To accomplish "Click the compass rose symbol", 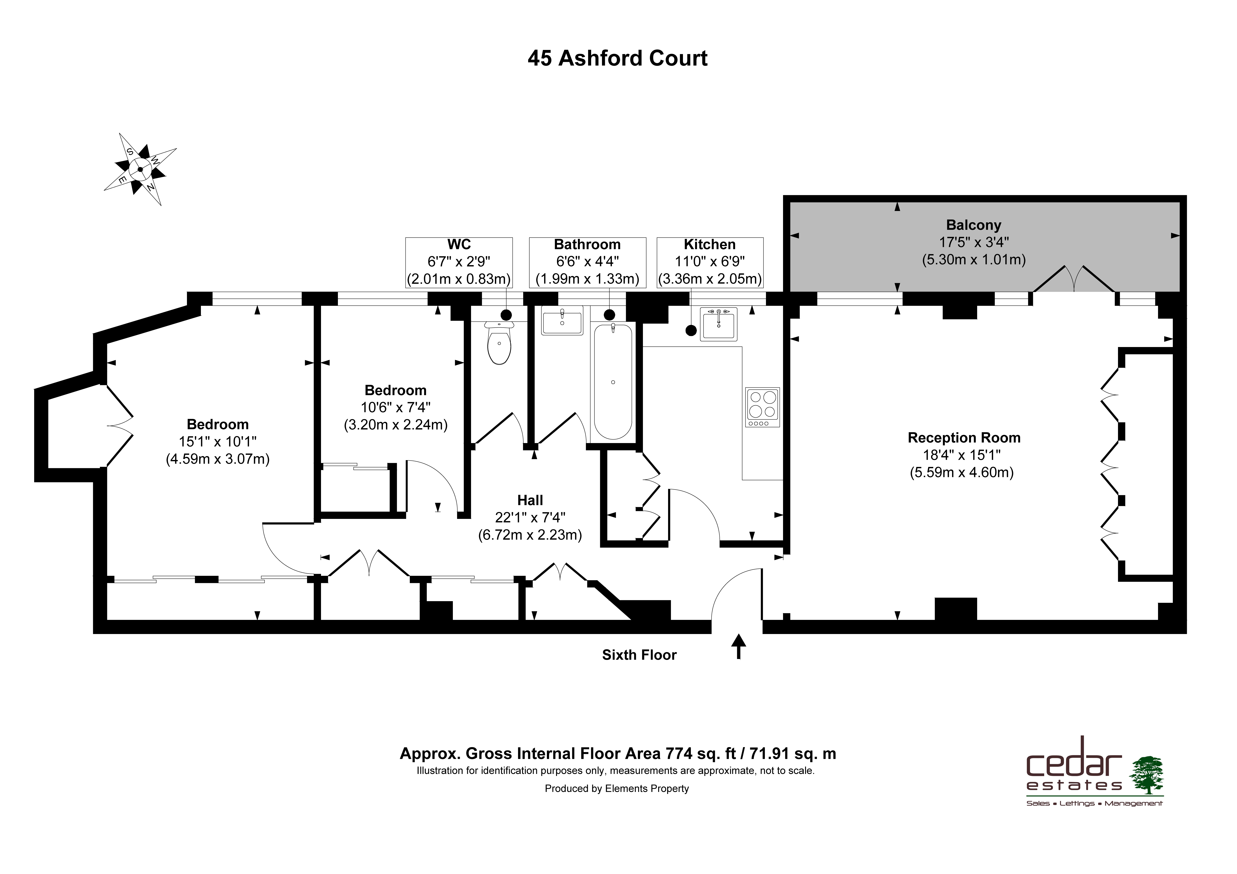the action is coord(140,169).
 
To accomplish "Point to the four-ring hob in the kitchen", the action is coord(762,407).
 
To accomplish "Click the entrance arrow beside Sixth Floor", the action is coord(738,646).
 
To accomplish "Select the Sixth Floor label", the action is coord(639,655).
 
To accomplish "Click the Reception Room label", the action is coord(964,438).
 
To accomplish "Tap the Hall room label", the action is coord(530,500).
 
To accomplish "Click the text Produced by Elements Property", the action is coord(617,789).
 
